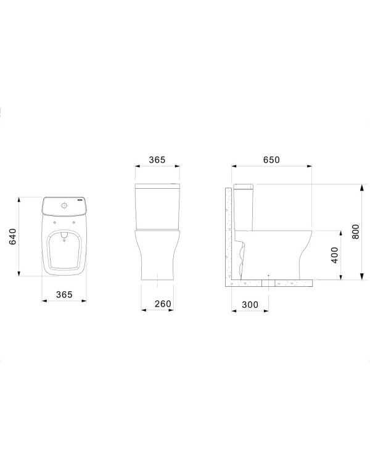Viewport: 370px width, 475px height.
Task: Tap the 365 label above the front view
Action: pos(157,160)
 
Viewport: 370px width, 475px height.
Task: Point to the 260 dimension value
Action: pos(162,304)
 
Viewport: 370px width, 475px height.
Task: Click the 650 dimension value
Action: pos(271,160)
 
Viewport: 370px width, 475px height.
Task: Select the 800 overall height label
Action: pos(354,231)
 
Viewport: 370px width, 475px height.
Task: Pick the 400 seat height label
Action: pos(334,255)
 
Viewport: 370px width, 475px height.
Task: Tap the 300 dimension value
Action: pos(250,304)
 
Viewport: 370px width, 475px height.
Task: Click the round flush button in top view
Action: pos(64,205)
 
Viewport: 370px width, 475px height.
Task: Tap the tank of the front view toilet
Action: pos(157,206)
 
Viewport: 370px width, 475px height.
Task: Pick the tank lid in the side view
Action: pos(243,186)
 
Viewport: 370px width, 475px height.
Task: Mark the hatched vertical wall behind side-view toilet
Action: pos(228,234)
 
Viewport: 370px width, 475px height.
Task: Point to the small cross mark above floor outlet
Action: pos(269,273)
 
